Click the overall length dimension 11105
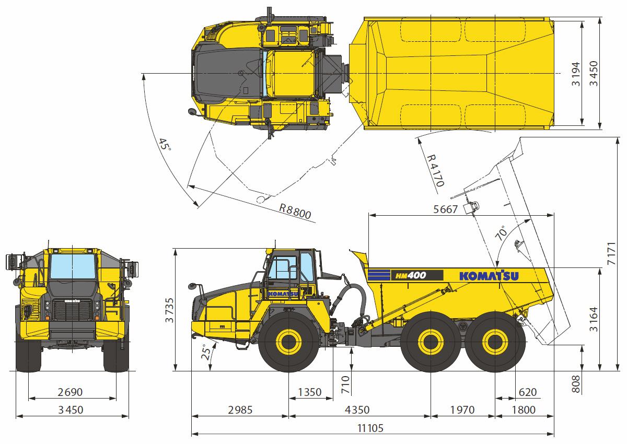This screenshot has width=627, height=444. click(370, 428)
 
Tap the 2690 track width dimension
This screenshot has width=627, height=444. click(70, 392)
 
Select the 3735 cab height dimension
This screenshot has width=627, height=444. click(170, 310)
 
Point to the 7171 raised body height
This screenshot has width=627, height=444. click(611, 253)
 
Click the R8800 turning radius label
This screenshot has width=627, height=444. click(295, 211)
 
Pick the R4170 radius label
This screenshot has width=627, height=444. click(436, 171)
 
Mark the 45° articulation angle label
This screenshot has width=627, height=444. click(165, 145)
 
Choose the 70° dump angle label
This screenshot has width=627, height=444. click(501, 233)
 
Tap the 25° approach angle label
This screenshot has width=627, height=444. click(206, 352)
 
